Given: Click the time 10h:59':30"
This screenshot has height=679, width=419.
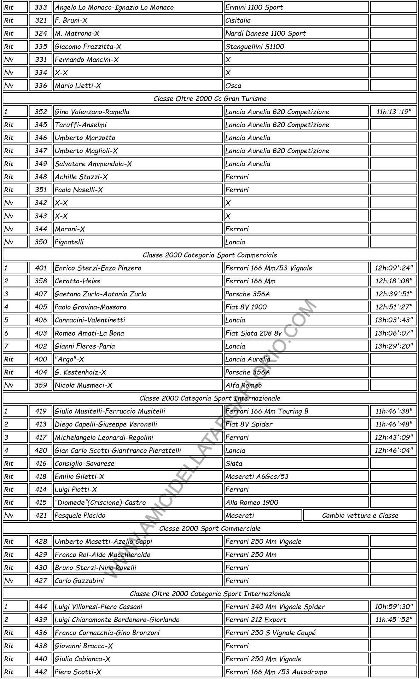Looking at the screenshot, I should tap(393, 607).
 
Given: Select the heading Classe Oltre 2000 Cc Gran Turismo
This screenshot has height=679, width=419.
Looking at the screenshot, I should tap(210, 99).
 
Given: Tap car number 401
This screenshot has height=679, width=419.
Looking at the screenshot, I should tap(41, 268).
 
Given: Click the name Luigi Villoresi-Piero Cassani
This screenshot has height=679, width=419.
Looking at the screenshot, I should tap(98, 607).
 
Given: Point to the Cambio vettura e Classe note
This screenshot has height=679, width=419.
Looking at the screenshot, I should tap(360, 516).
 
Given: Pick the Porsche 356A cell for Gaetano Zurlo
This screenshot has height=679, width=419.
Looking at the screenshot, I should tap(248, 294).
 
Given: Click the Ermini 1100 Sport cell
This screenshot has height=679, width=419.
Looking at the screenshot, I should tap(254, 7).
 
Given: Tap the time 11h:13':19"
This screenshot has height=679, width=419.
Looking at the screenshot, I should tap(393, 112).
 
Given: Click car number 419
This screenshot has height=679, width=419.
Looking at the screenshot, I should tap(41, 411).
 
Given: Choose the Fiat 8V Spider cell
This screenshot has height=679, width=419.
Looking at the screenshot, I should tap(249, 424).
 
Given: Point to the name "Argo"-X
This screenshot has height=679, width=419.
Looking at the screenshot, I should tap(69, 359).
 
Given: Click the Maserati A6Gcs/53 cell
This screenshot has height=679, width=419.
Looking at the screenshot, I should tap(257, 476).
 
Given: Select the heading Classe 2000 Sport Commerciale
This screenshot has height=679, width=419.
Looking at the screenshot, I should tap(210, 528).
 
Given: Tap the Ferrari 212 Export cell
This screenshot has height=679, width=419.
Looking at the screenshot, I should tap(256, 620).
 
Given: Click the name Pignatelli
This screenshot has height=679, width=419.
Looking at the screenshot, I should tap(69, 242).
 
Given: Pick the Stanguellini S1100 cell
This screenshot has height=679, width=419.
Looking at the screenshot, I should tap(255, 47).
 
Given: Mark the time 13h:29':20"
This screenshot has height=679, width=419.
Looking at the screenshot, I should tap(393, 346).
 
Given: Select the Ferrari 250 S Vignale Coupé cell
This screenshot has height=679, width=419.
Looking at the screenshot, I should tap(270, 633).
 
